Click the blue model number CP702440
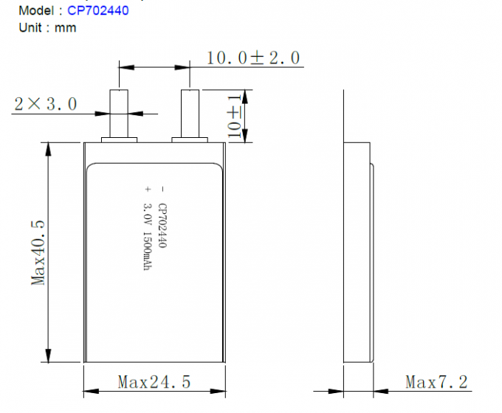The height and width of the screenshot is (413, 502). tap(98, 10)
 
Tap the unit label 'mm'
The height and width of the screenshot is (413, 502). tap(65, 28)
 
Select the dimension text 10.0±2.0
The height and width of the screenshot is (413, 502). tap(253, 58)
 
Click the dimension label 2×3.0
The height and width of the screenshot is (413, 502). tap(46, 104)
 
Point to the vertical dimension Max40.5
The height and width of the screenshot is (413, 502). tap(38, 252)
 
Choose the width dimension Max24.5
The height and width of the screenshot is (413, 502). tap(154, 382)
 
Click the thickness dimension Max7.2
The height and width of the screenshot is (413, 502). tap(436, 382)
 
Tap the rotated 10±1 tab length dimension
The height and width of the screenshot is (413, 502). tap(234, 117)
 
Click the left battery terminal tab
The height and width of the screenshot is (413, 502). tap(119, 114)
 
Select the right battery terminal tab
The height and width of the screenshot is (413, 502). tap(190, 114)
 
